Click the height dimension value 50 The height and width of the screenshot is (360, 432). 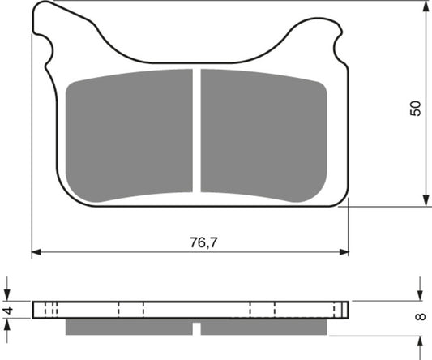(x=416, y=109)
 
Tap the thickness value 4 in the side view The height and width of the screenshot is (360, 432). (x=7, y=310)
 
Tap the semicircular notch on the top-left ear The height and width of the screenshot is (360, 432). (x=49, y=56)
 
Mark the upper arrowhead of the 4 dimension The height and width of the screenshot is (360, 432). (x=7, y=296)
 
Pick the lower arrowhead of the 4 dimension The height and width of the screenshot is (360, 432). (x=7, y=324)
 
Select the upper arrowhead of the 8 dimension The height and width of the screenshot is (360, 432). (x=420, y=296)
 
